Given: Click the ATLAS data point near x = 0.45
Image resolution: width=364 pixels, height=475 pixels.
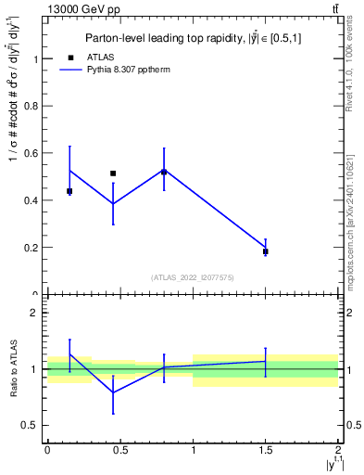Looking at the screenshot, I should pyautogui.click(x=113, y=173).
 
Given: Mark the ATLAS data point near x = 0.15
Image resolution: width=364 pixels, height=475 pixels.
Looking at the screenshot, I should pyautogui.click(x=69, y=191).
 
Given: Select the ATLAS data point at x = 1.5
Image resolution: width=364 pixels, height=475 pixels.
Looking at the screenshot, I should pyautogui.click(x=265, y=251).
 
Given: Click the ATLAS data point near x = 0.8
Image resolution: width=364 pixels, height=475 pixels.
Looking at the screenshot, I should pyautogui.click(x=164, y=172).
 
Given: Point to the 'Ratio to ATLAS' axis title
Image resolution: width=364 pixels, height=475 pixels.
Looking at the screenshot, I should pyautogui.click(x=12, y=368).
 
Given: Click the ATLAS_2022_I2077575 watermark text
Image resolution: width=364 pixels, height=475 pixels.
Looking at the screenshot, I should pyautogui.click(x=193, y=276).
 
